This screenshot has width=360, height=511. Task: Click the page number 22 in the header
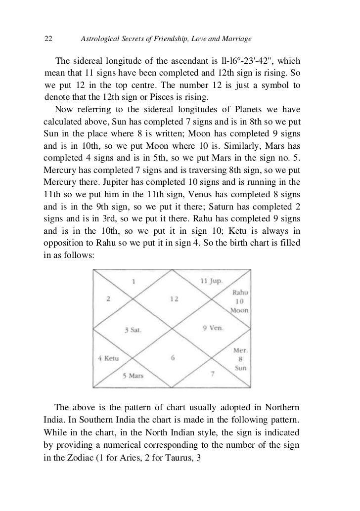[x=49, y=39]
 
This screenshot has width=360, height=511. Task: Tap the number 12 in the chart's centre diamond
[x=173, y=298]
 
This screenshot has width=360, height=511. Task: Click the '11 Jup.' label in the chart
[x=211, y=281]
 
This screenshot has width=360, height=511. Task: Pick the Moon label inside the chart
[x=239, y=310]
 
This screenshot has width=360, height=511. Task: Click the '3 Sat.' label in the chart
[x=133, y=329]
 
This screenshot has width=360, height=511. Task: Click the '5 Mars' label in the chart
[x=133, y=376]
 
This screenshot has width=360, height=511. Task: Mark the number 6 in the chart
[x=173, y=358]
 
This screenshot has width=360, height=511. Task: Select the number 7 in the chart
[x=212, y=374]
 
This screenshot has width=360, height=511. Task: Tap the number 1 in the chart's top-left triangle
[x=133, y=281]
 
